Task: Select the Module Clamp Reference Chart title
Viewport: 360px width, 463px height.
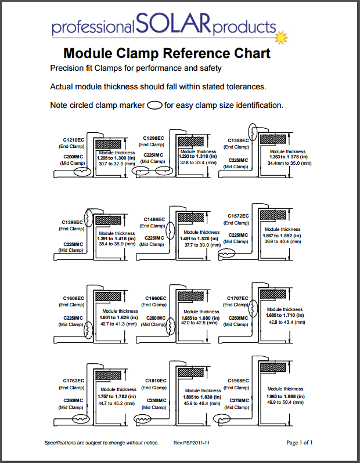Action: [166, 53]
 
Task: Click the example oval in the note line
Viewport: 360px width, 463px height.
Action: [154, 106]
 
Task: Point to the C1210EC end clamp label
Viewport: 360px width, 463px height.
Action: [74, 140]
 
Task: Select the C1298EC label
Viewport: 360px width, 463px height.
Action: [154, 138]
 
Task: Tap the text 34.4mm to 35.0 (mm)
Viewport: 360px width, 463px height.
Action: [289, 163]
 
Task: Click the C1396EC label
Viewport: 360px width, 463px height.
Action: [73, 222]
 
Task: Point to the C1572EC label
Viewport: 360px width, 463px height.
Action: [238, 216]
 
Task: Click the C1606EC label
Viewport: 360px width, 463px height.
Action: [73, 298]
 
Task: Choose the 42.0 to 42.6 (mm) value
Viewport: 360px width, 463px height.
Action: [200, 323]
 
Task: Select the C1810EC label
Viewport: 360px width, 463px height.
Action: [155, 381]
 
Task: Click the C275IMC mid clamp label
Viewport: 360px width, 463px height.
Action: [238, 400]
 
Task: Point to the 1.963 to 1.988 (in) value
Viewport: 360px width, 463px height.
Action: [286, 395]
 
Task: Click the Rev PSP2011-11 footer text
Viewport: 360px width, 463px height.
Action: [191, 443]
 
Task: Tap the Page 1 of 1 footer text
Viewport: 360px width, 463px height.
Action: [300, 443]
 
